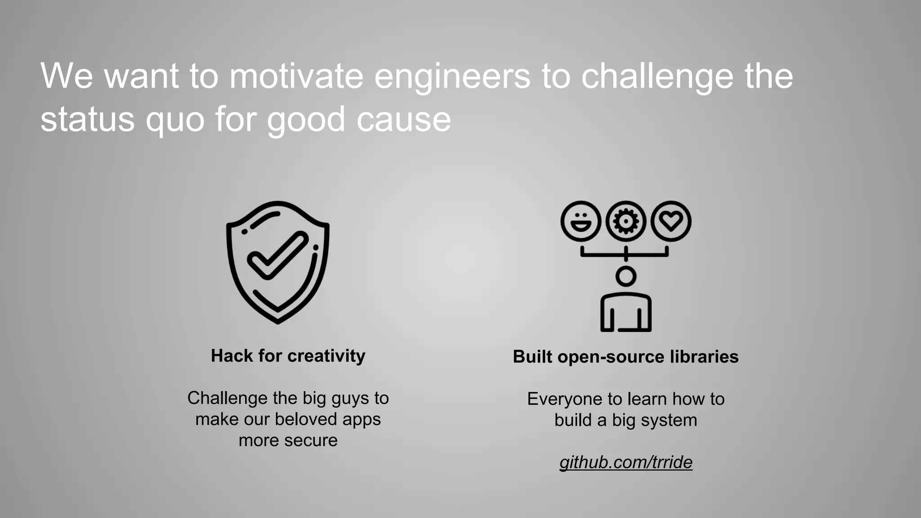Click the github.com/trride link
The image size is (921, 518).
[x=626, y=462]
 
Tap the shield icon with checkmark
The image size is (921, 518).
[x=277, y=262]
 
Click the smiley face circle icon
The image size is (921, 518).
[x=581, y=221]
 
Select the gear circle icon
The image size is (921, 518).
[x=626, y=221]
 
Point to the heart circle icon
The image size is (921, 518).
[x=671, y=221]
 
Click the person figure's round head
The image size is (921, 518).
[x=626, y=276]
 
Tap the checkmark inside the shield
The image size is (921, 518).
[x=277, y=255]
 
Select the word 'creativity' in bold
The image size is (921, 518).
[x=326, y=356]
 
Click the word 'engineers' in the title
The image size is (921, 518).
[x=452, y=76]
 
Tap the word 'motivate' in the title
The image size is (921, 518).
[x=296, y=76]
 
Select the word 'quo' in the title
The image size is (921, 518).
[x=175, y=120]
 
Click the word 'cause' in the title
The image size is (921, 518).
[x=403, y=120]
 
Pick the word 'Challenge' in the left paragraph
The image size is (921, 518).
[x=228, y=398]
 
